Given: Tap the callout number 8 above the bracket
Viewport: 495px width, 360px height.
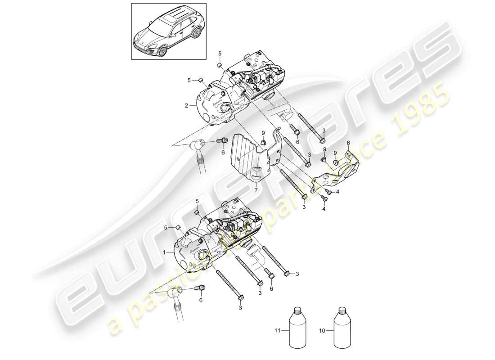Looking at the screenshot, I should coord(347,143).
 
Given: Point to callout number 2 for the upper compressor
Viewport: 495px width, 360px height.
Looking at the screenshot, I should coord(186,106).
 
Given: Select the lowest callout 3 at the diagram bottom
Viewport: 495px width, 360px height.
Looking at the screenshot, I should coord(240,308).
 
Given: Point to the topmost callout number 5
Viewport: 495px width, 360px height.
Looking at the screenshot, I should coord(220,54).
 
